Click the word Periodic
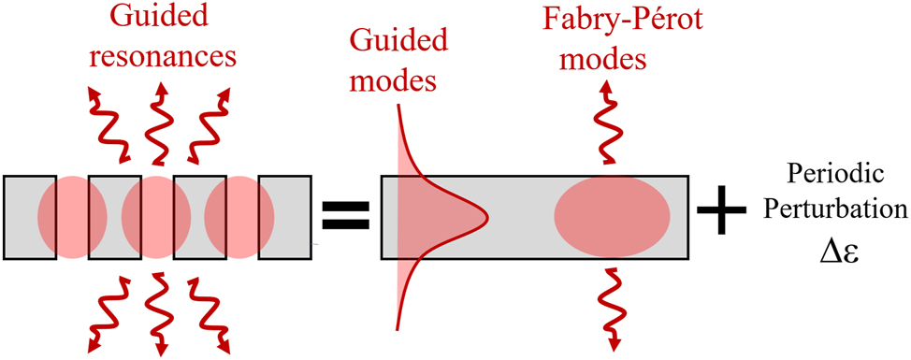point(834,174)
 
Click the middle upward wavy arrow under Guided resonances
point(156,122)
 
